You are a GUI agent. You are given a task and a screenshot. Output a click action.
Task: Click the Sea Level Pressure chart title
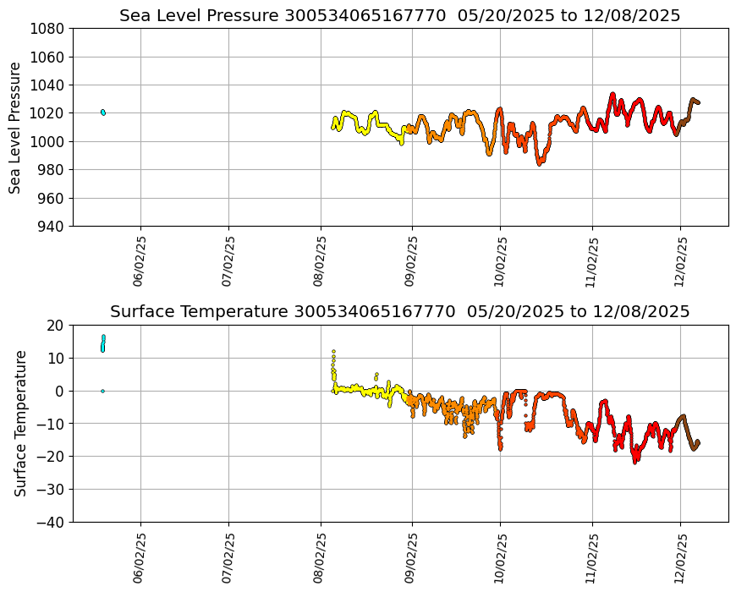pos(399,15)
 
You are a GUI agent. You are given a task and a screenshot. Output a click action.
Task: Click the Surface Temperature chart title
pos(399,311)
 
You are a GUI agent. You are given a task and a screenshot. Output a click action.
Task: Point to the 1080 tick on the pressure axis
pos(49,29)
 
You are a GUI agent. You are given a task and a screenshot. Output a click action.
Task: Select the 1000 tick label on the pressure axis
pos(49,141)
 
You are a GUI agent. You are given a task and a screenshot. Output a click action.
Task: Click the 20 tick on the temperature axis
pos(57,326)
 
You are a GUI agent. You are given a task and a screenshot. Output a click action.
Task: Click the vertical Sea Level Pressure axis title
pos(16,128)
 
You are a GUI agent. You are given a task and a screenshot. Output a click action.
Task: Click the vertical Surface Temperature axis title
pos(21,423)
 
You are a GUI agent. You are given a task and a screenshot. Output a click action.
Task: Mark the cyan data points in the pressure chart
pos(102,112)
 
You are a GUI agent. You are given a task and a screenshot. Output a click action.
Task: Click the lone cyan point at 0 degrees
pos(102,391)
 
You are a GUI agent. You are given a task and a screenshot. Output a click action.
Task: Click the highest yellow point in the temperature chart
pos(333,351)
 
